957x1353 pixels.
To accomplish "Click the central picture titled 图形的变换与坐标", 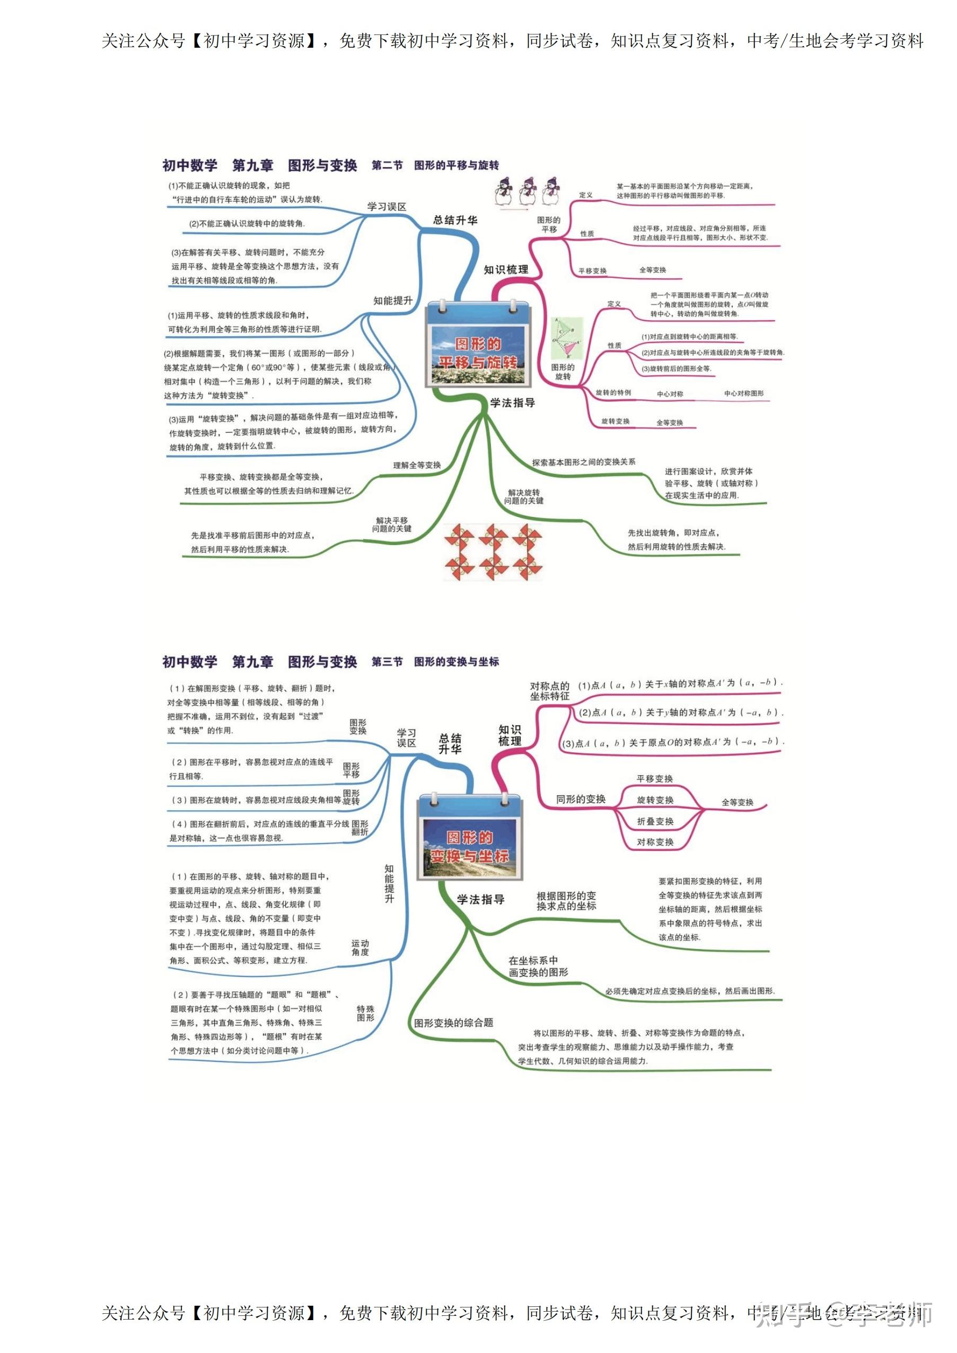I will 470,838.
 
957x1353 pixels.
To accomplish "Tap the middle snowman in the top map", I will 528,191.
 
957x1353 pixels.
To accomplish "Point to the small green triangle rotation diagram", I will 566,339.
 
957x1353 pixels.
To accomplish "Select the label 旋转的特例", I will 613,392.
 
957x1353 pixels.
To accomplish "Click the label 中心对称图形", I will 744,393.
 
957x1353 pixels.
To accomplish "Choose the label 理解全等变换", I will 417,465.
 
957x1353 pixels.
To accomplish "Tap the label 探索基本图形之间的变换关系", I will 583,462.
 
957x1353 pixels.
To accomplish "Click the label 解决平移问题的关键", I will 391,524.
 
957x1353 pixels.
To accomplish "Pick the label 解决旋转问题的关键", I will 523,497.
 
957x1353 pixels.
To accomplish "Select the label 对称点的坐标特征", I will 549,691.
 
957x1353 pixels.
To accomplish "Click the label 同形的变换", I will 581,799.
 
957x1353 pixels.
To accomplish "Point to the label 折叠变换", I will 655,821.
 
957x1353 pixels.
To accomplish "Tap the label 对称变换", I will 655,842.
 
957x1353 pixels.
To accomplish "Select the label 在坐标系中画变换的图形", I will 538,967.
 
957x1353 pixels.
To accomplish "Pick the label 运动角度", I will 360,947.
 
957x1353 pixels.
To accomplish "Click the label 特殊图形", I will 365,1013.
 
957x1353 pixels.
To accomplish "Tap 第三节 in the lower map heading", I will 387,662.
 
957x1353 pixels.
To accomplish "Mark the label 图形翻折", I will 359,828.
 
